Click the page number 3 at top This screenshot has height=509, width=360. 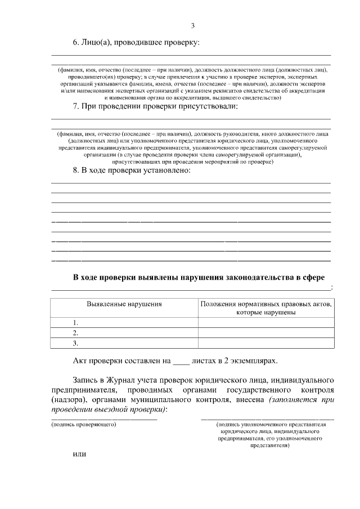tap(192, 26)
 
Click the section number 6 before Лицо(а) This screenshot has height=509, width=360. tap(76, 42)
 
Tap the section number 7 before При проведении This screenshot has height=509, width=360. tap(76, 106)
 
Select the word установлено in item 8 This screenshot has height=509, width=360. tap(169, 170)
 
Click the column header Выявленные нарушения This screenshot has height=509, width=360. tap(124, 304)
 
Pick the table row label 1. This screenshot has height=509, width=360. tap(75, 322)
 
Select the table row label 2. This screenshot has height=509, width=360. tap(75, 332)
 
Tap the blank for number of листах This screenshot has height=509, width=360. tap(180, 361)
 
